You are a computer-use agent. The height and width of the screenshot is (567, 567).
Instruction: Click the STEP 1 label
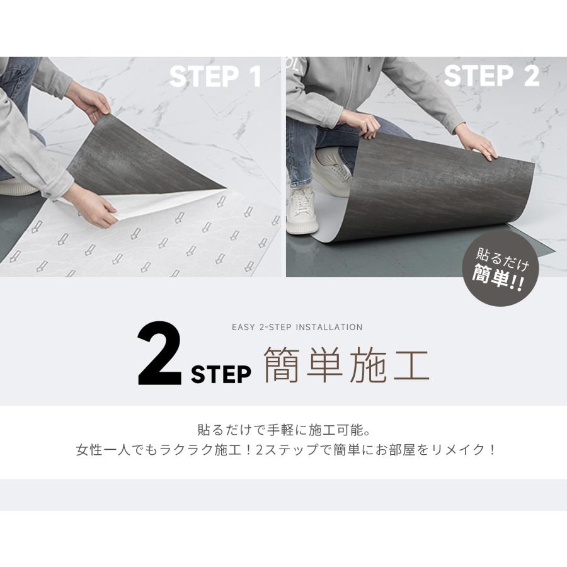click(215, 77)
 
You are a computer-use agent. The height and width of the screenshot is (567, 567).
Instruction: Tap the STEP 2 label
click(491, 76)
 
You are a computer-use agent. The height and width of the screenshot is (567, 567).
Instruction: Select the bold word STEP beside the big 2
click(220, 374)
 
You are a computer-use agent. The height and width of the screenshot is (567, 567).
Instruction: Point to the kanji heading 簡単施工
click(346, 365)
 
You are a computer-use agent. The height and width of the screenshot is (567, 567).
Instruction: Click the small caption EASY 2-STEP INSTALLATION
click(297, 327)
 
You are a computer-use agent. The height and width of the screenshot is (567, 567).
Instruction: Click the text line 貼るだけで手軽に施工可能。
click(283, 431)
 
